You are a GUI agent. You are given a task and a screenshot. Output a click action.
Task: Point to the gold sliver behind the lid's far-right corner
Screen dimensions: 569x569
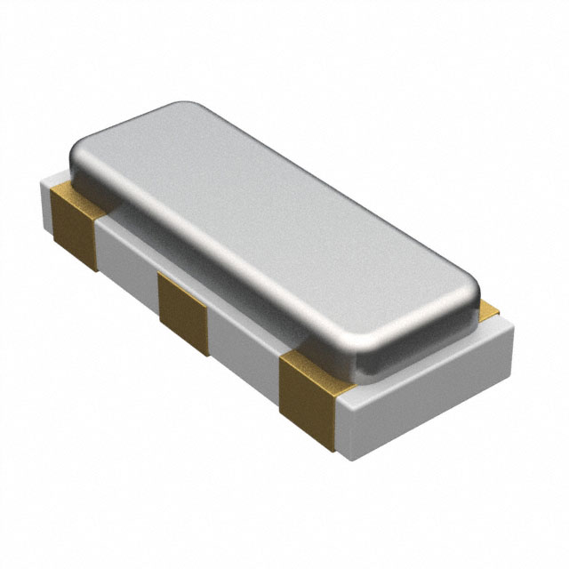[488, 309]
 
